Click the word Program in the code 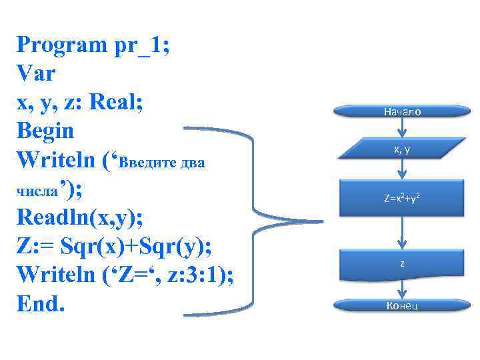58,47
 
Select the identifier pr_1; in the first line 139,47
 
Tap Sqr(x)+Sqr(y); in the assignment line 136,246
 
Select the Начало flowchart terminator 402,113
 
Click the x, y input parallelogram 402,150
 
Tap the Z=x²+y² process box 402,198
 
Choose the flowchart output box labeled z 402,264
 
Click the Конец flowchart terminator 402,306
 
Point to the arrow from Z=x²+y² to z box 403,233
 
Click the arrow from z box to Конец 403,288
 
